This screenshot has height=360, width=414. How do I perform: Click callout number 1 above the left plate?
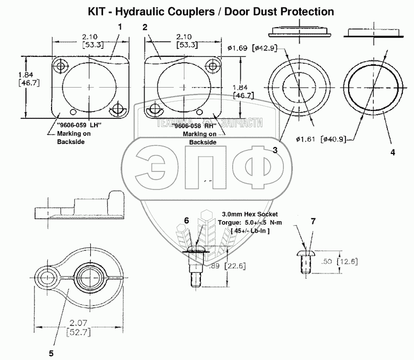120,26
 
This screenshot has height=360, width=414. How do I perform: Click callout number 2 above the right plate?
145,26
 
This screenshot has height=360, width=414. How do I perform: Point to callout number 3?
275,150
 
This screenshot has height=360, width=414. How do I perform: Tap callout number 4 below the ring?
392,152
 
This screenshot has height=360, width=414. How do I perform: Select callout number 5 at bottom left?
52,352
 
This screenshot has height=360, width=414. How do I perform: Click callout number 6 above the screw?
186,220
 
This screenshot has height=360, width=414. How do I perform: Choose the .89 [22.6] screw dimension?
225,267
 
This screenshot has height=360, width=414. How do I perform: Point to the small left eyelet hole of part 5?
48,276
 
